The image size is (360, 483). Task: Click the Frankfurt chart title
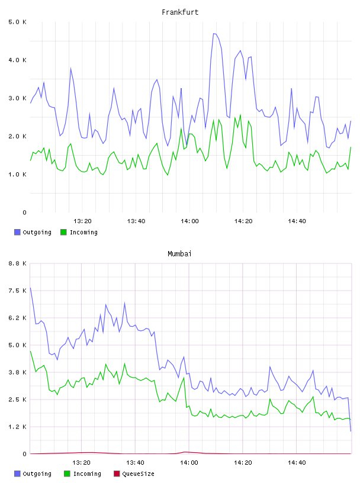pyautogui.click(x=180, y=12)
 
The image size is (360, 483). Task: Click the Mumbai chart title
pyautogui.click(x=179, y=254)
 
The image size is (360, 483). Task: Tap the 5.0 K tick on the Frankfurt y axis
pyautogui.click(x=17, y=22)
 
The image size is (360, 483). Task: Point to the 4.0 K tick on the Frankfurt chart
pyautogui.click(x=17, y=60)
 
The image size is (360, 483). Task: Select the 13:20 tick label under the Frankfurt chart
pyautogui.click(x=82, y=221)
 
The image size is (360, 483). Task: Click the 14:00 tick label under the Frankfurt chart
pyautogui.click(x=189, y=221)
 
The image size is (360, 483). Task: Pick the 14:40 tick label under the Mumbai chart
pyautogui.click(x=297, y=462)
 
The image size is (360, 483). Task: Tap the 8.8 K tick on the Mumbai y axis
pyautogui.click(x=17, y=263)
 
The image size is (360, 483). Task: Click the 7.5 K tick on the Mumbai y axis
pyautogui.click(x=17, y=291)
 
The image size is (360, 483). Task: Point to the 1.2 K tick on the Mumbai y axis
pyautogui.click(x=17, y=427)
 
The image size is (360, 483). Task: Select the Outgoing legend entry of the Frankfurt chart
pyautogui.click(x=33, y=232)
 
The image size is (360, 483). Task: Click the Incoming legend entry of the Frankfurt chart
pyautogui.click(x=79, y=232)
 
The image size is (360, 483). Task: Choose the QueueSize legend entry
pyautogui.click(x=134, y=474)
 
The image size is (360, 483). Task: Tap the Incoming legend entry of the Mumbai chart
pyautogui.click(x=83, y=474)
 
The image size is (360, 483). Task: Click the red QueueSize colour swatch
pyautogui.click(x=117, y=474)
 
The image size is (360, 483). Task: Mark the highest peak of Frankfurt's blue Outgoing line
pyautogui.click(x=213, y=33)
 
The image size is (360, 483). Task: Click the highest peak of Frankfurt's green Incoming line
pyautogui.click(x=240, y=115)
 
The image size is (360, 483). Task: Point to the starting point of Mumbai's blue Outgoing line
pyautogui.click(x=30, y=288)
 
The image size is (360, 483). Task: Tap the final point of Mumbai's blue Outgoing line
pyautogui.click(x=351, y=431)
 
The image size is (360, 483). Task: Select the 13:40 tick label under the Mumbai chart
pyautogui.click(x=135, y=462)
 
